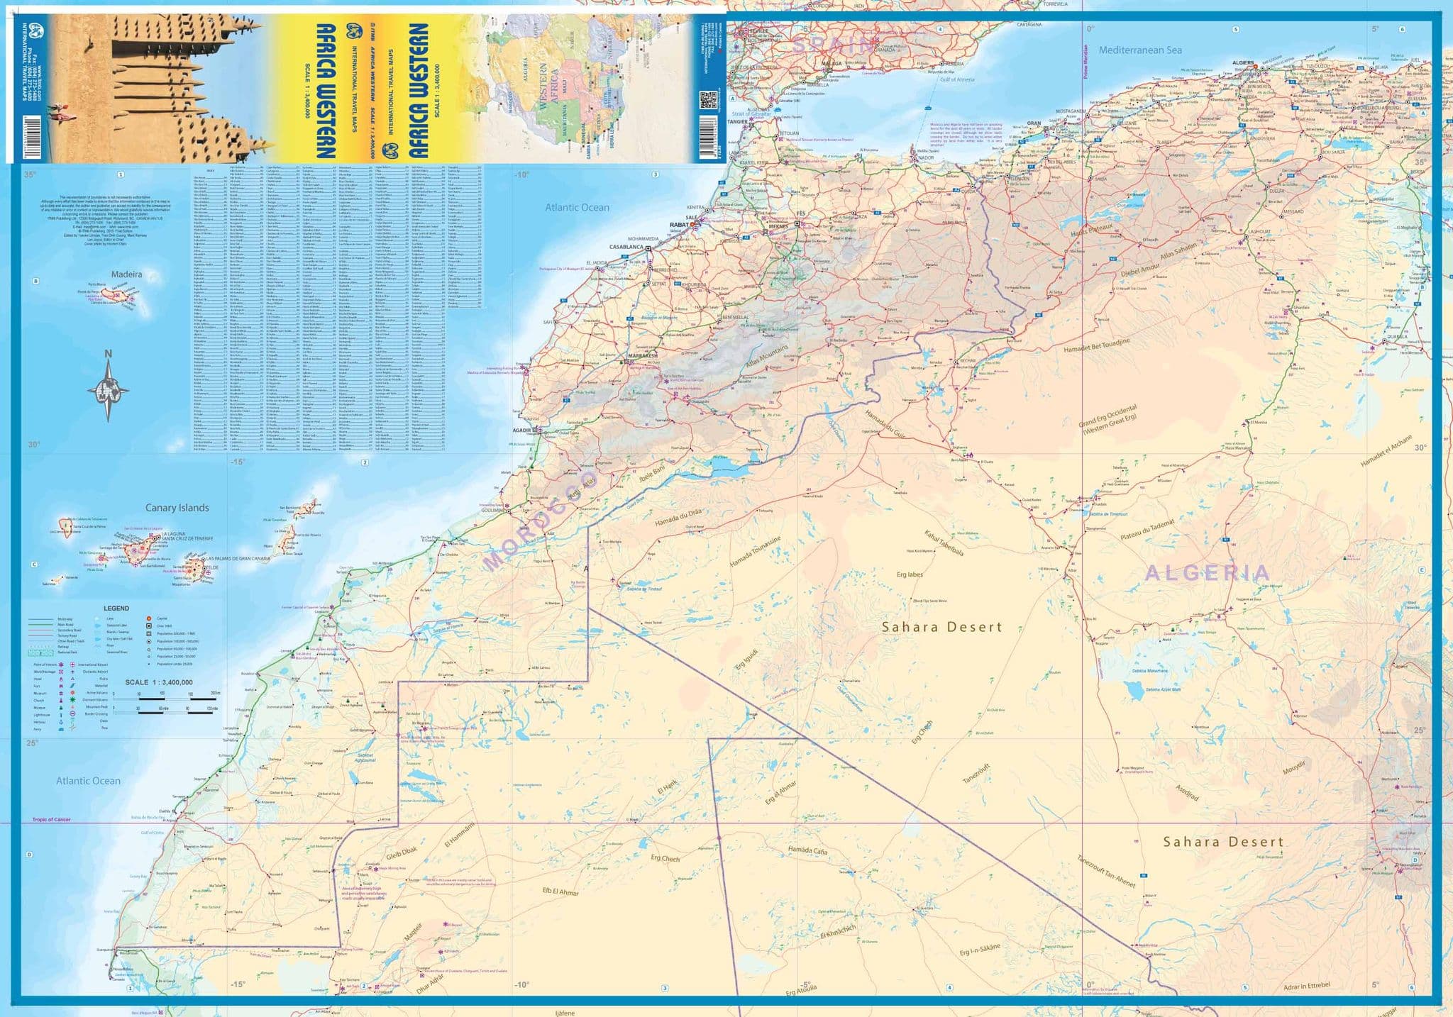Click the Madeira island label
pyautogui.click(x=126, y=274)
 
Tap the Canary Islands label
pyautogui.click(x=177, y=508)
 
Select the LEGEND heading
pyautogui.click(x=116, y=608)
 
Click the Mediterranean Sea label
pyautogui.click(x=1140, y=50)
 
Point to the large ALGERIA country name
pyautogui.click(x=1208, y=573)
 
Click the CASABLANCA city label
pyautogui.click(x=626, y=247)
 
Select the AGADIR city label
pyautogui.click(x=521, y=430)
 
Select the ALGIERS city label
pyautogui.click(x=1243, y=62)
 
